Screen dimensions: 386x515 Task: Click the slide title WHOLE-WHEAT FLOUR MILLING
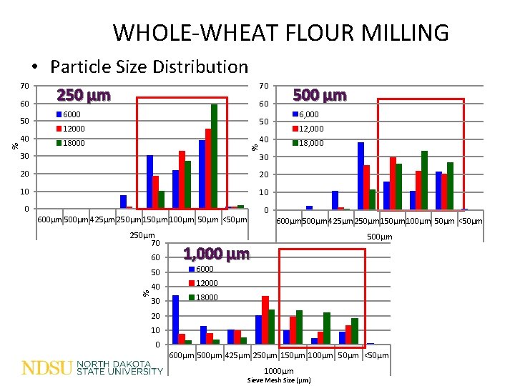(x=281, y=33)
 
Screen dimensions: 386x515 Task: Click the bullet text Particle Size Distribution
(x=149, y=67)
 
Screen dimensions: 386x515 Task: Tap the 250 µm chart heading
(x=84, y=96)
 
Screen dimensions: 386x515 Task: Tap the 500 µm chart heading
(x=320, y=95)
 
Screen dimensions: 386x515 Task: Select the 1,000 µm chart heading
(x=216, y=254)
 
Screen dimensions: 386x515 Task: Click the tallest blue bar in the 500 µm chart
(x=360, y=175)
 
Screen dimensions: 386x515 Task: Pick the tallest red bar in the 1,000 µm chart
(x=265, y=320)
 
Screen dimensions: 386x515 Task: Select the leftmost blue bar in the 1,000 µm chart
(x=175, y=320)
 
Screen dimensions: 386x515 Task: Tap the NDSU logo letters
(x=47, y=368)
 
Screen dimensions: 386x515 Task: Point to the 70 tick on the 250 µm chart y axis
(x=24, y=86)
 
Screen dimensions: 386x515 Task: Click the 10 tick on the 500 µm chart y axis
(x=263, y=192)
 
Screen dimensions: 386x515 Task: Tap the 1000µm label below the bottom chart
(x=279, y=371)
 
